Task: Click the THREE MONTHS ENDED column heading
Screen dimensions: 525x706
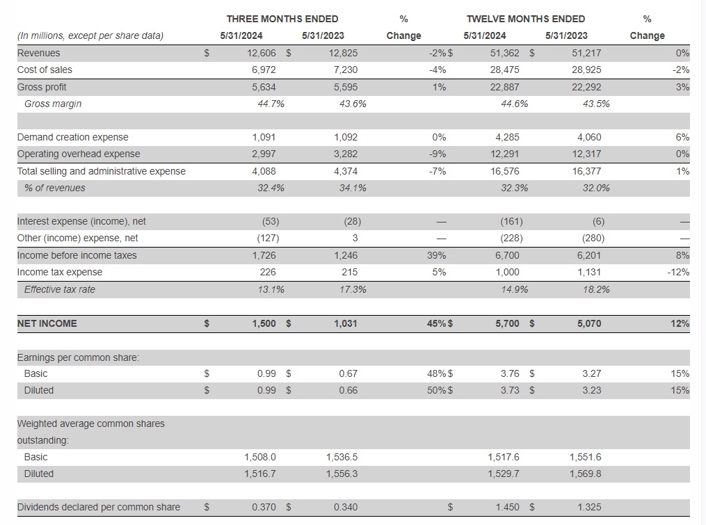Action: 282,19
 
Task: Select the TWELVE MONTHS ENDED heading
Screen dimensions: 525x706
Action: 525,19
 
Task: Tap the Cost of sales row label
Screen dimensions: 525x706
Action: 45,70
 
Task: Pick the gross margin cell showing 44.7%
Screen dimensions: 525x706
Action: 271,104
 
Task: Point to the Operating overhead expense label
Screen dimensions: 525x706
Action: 79,154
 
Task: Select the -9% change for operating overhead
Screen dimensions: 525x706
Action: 438,154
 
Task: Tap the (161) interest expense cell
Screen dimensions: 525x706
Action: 511,221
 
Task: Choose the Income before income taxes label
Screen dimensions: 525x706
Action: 77,255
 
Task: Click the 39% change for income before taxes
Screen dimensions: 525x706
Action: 436,255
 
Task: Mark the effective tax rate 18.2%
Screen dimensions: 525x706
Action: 596,289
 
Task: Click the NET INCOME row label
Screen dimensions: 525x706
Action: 47,323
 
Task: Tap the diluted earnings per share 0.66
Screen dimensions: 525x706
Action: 348,390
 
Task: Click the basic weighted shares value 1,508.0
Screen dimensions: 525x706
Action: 260,457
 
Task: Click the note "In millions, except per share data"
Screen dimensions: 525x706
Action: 90,35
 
